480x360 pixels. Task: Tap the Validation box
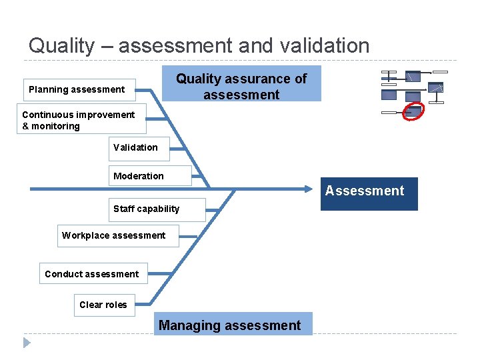pos(139,148)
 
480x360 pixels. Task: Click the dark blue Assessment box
pos(369,193)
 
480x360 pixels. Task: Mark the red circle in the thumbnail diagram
pos(413,111)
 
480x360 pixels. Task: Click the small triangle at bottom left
pos(27,343)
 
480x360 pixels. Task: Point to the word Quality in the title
pos(61,46)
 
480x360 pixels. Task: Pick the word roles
pos(116,305)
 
